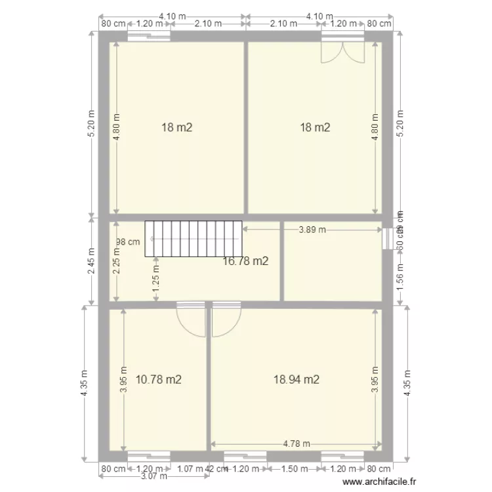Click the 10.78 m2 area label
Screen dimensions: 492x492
(x=158, y=379)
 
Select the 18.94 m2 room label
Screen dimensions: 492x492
(x=297, y=379)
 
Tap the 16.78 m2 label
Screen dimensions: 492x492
(x=245, y=262)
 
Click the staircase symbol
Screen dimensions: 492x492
(x=193, y=238)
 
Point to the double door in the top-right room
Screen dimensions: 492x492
(x=342, y=52)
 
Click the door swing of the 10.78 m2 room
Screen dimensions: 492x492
(x=190, y=320)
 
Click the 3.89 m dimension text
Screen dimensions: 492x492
(x=312, y=230)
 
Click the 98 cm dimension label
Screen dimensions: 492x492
(x=129, y=241)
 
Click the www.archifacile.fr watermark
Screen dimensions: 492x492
(x=384, y=481)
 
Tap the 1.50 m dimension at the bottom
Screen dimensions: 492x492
(x=295, y=469)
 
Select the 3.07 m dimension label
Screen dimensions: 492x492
(x=153, y=477)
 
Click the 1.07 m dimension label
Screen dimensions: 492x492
(x=190, y=469)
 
